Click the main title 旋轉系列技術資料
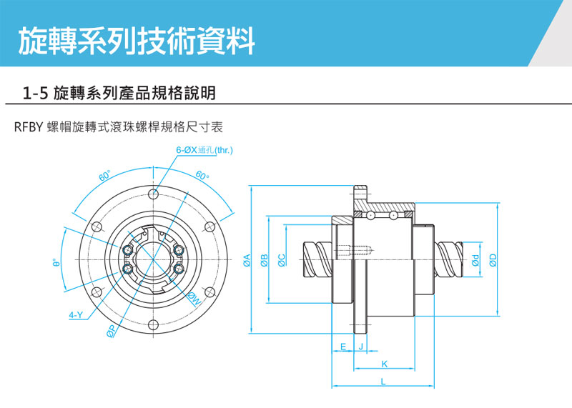(136, 41)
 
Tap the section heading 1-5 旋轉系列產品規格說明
(119, 93)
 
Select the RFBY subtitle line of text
(119, 127)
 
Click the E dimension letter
(344, 347)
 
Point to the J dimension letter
(360, 347)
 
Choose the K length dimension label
(384, 364)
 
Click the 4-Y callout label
(75, 314)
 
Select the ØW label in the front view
(194, 299)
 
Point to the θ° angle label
(54, 263)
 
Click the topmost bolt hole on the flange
(152, 194)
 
